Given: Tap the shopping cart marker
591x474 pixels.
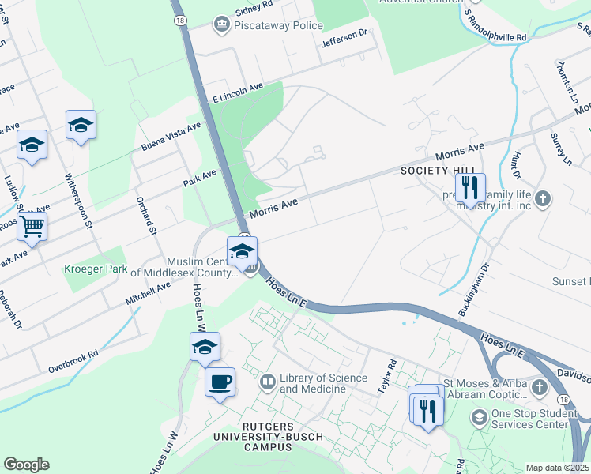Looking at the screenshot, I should point(32,226).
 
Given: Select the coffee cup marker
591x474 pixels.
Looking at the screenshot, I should point(220,382).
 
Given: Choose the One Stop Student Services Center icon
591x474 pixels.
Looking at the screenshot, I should point(479,416).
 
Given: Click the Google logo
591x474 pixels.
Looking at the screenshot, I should point(26,464).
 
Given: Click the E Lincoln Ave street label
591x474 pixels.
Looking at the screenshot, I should point(237,92).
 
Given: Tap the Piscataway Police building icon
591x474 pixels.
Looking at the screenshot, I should point(220,25).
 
